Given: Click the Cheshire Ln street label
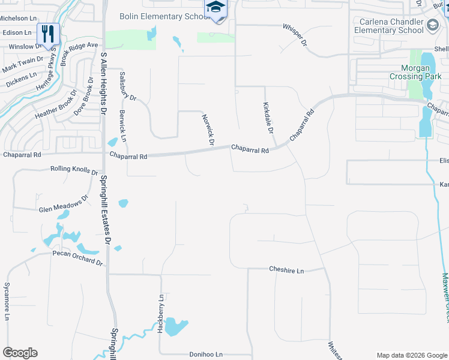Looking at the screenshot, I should (x=286, y=270).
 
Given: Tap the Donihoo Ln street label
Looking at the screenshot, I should (x=202, y=355).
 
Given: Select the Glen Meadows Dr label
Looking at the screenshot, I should (x=64, y=206).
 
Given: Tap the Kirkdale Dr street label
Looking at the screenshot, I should (x=268, y=118).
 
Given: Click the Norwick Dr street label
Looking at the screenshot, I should (x=208, y=130).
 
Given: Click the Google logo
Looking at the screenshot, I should (x=20, y=353).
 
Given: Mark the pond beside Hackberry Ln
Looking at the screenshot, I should (x=175, y=327).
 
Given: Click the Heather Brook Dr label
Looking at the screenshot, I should (x=56, y=105).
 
